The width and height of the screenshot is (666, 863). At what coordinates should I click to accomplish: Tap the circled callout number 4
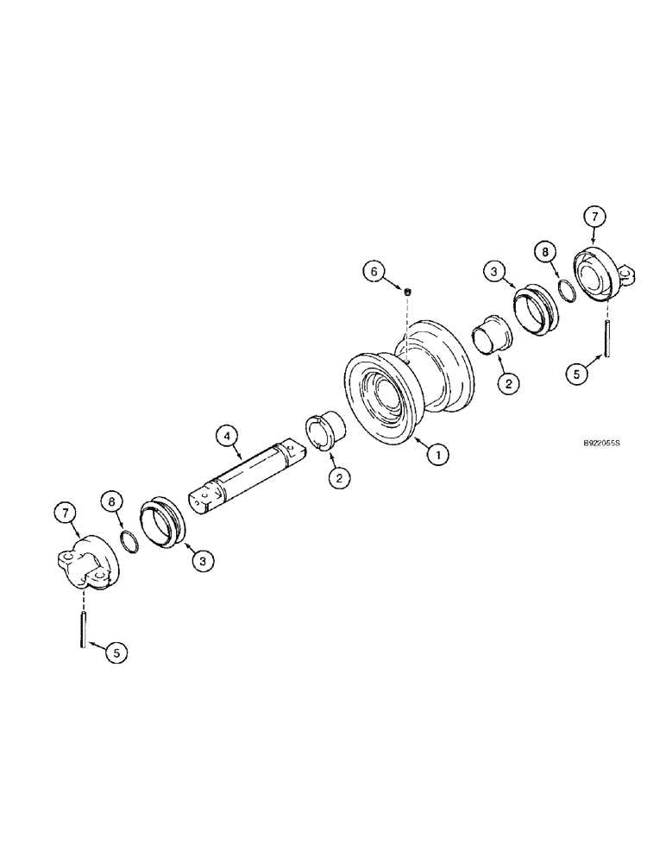pyautogui.click(x=226, y=437)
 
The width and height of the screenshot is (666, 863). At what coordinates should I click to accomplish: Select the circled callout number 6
pyautogui.click(x=374, y=271)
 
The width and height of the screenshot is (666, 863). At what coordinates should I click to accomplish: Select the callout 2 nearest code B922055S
pyautogui.click(x=509, y=384)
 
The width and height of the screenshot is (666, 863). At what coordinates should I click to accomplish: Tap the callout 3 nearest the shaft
pyautogui.click(x=203, y=560)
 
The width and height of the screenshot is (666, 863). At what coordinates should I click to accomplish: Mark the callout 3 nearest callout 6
pyautogui.click(x=494, y=271)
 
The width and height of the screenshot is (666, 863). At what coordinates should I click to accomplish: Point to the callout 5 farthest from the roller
pyautogui.click(x=115, y=652)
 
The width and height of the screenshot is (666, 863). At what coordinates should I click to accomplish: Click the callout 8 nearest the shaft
pyautogui.click(x=108, y=500)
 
